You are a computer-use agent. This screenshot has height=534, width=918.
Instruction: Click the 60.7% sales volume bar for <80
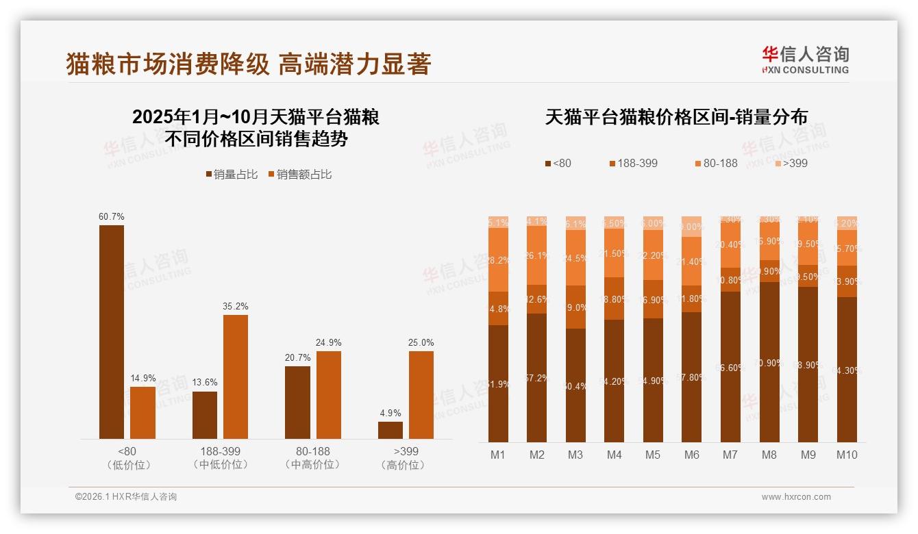(x=112, y=332)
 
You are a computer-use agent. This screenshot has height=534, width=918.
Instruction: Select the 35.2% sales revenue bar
(x=235, y=377)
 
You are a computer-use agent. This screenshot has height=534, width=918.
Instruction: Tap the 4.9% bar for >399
(x=390, y=430)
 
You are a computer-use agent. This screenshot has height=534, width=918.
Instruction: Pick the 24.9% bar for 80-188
(x=328, y=395)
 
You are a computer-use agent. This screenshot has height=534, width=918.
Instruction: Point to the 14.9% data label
(x=142, y=378)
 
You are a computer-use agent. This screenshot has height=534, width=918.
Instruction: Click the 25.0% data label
(x=421, y=342)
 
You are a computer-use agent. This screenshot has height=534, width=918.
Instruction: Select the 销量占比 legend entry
(x=232, y=175)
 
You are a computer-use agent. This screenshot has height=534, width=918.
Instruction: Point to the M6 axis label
(x=691, y=455)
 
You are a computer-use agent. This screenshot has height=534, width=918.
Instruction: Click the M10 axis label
(x=847, y=455)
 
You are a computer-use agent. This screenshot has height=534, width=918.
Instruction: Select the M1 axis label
(x=498, y=455)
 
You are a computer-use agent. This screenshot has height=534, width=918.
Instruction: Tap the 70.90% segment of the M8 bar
(x=769, y=361)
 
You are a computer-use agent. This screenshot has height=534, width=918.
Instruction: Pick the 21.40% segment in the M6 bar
(x=692, y=262)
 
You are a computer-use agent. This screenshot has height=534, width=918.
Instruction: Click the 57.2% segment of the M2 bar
(x=537, y=377)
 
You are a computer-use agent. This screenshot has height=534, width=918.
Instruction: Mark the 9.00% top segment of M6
(x=692, y=227)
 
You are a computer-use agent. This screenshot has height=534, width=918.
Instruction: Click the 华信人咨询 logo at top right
(x=805, y=60)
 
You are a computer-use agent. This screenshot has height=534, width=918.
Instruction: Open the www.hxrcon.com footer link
(x=796, y=497)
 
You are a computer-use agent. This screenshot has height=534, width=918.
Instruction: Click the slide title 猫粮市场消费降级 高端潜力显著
(x=249, y=64)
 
